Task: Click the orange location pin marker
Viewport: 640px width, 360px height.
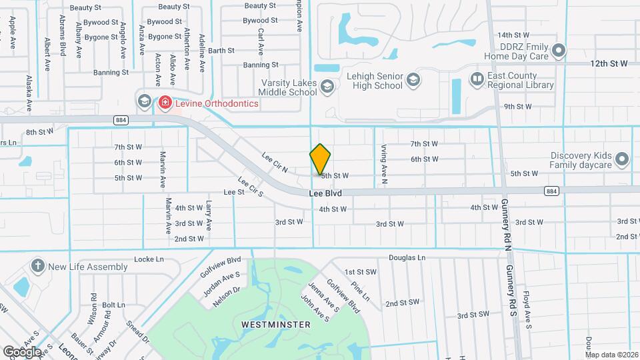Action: coord(320,159)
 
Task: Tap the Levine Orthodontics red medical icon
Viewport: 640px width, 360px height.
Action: coord(164,103)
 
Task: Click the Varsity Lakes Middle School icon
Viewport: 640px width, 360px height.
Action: coord(327,86)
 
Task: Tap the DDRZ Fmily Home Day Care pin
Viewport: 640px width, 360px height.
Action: coord(559,51)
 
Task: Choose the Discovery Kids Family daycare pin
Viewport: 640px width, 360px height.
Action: coord(622,159)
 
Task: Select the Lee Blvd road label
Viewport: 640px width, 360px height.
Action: coord(325,193)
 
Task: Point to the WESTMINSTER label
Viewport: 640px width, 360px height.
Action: coord(275,325)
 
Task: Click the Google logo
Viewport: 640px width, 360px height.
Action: coord(23,351)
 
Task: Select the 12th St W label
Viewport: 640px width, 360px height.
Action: coord(609,63)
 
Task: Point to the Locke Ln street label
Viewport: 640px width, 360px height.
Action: coord(149,259)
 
